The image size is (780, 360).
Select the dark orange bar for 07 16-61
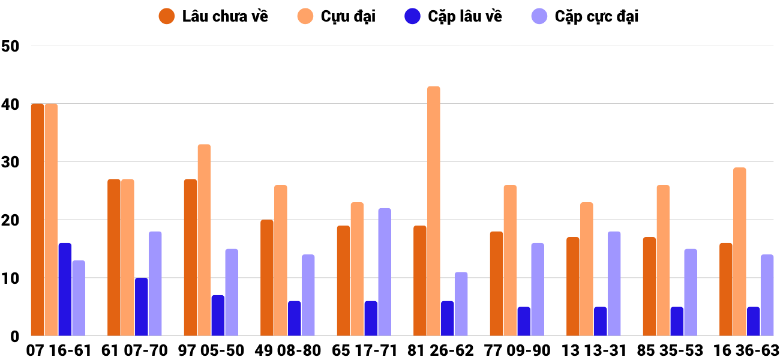tap(37, 220)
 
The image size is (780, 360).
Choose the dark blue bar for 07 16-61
tap(65, 289)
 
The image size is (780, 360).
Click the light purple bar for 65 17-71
tap(385, 272)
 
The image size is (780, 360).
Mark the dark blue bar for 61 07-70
tap(141, 307)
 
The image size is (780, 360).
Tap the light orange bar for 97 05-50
tap(204, 240)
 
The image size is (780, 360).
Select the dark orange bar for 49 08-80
tap(266, 278)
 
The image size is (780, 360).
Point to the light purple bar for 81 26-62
tap(461, 304)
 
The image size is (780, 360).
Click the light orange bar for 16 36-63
tap(739, 251)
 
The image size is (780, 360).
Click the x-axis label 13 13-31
tap(595, 350)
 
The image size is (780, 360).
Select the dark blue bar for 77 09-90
tap(524, 321)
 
